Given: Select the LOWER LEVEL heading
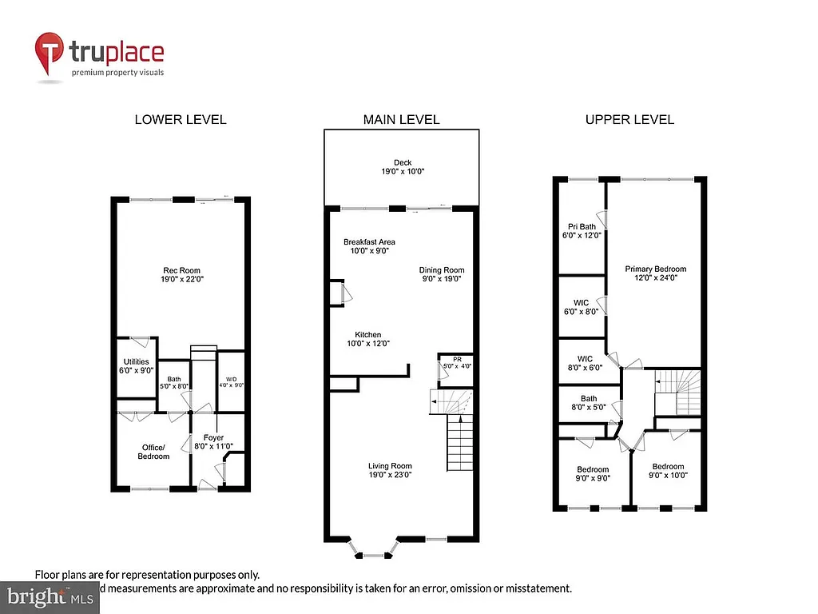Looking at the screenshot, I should click(180, 119).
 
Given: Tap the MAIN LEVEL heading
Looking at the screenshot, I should click(401, 119).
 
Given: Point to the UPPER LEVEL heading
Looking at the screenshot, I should click(629, 119).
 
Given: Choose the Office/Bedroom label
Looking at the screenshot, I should click(153, 452).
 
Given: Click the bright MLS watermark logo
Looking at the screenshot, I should click(48, 596).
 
